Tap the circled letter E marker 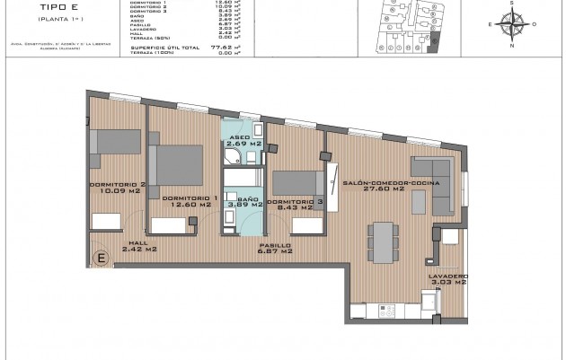pyautogui.click(x=102, y=259)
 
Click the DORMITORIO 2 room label pyautogui.click(x=112, y=184)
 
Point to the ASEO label pyautogui.click(x=242, y=136)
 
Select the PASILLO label pyautogui.click(x=274, y=244)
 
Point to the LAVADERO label pyautogui.click(x=447, y=276)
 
